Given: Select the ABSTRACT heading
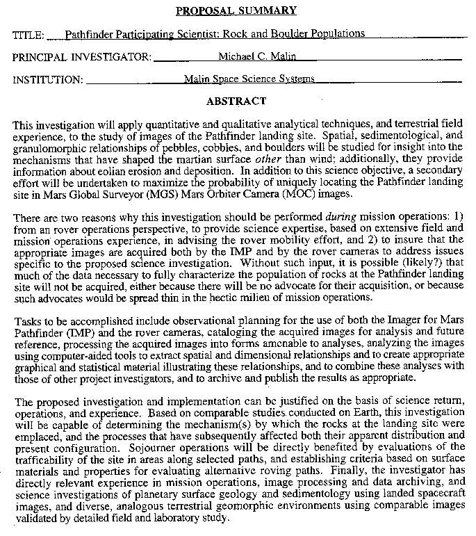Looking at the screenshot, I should (x=236, y=101).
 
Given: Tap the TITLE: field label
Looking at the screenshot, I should (x=28, y=35).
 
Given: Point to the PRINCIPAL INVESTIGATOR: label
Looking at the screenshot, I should (x=82, y=57).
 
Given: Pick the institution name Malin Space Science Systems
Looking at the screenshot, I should (x=249, y=79).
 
